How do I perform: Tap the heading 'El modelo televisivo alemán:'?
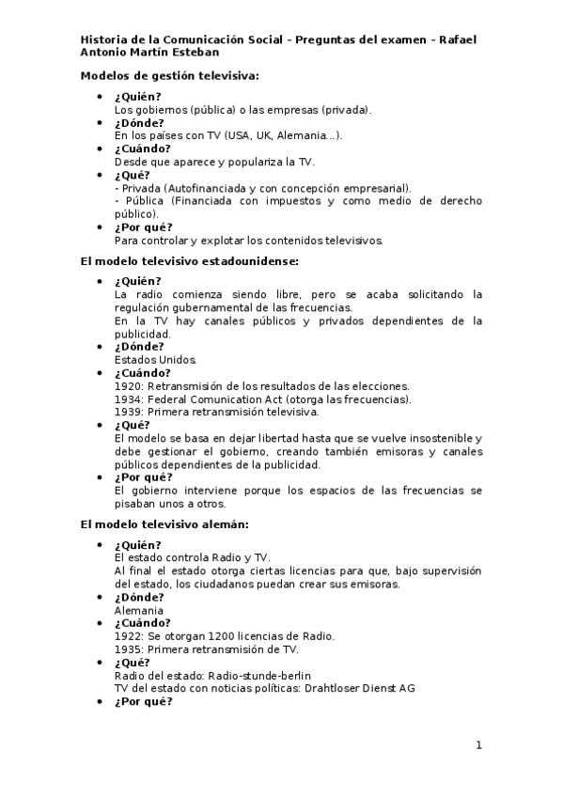pos(164,524)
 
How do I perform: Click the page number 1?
pos(478,745)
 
